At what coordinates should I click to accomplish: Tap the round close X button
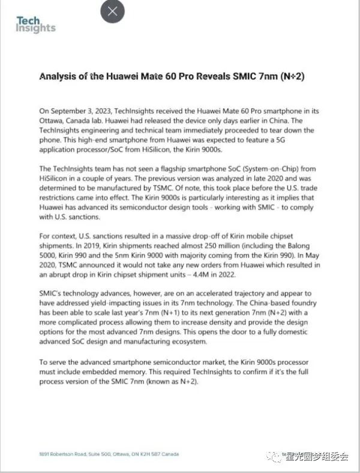tap(113, 11)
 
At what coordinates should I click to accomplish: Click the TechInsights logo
tap(35, 25)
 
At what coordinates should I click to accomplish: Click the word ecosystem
tap(187, 343)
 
